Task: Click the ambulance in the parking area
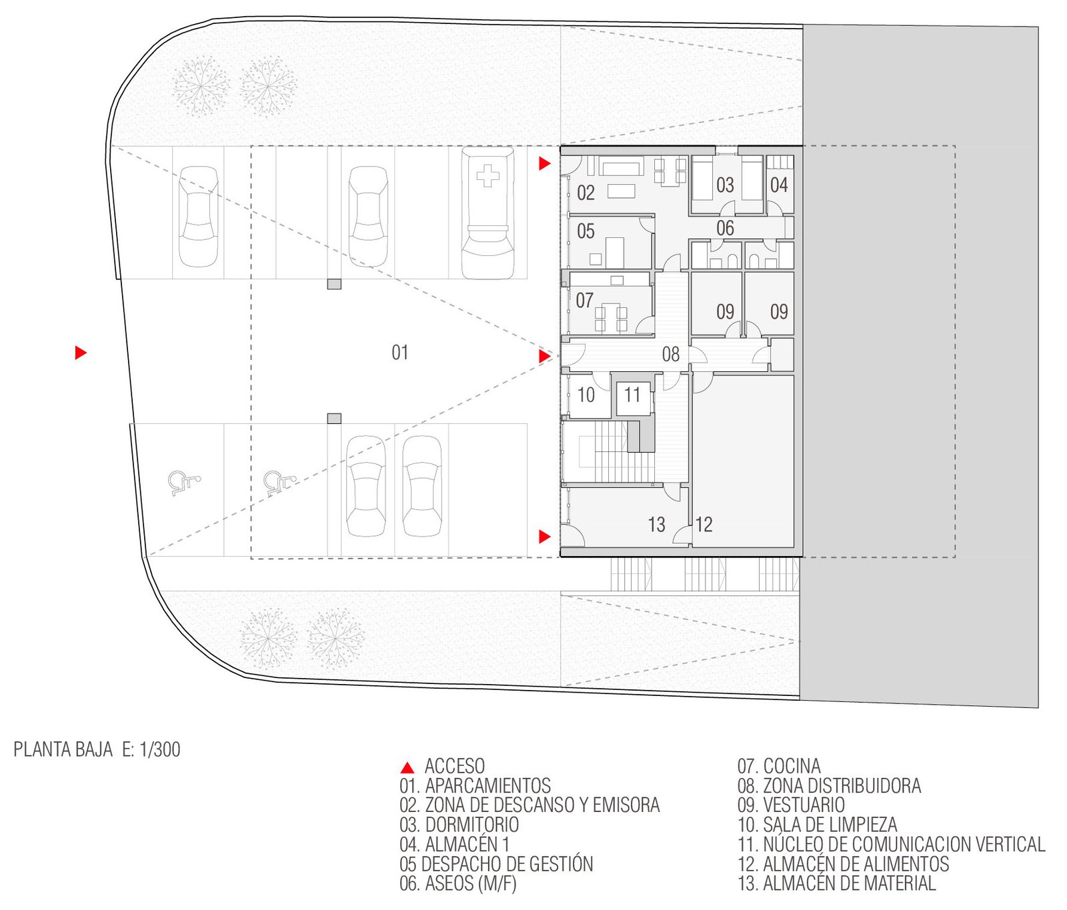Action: click(487, 214)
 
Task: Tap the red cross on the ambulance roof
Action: click(487, 176)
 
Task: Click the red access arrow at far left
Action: click(81, 353)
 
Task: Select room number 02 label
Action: click(586, 193)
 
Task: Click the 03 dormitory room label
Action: click(725, 185)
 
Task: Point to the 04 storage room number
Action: click(779, 185)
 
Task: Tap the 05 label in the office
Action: click(586, 231)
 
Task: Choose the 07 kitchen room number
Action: click(585, 301)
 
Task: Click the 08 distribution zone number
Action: click(671, 355)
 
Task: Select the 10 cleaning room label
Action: click(586, 395)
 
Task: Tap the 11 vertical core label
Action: click(632, 395)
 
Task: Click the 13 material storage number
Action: click(657, 525)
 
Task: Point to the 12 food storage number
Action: click(704, 525)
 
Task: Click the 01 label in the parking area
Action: click(400, 353)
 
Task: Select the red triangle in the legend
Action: click(407, 768)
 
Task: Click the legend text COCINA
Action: click(792, 766)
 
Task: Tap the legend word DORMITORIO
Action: click(472, 825)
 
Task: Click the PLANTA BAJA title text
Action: click(63, 749)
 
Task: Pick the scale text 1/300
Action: click(160, 749)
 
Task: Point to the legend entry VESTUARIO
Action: click(804, 805)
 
